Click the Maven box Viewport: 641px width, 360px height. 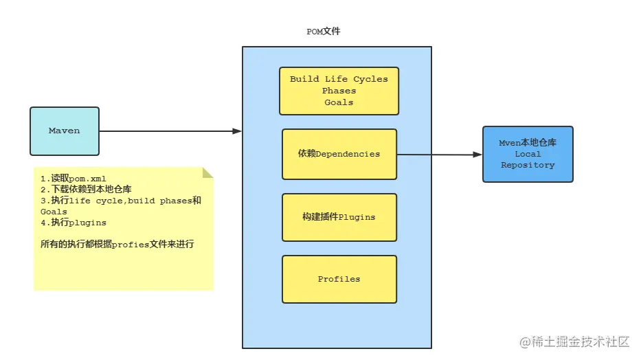point(65,131)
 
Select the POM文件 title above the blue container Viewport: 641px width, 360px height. point(324,32)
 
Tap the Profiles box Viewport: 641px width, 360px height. point(339,279)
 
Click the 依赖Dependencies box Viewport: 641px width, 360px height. point(339,154)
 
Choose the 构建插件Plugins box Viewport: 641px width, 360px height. point(339,217)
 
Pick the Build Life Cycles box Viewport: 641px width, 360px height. point(339,91)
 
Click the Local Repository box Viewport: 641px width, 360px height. point(528,154)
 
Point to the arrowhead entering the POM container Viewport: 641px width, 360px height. point(237,131)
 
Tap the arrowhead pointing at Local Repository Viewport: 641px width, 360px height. point(477,155)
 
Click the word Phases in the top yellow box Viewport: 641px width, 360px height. point(339,91)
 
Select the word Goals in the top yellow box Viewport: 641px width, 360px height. point(339,102)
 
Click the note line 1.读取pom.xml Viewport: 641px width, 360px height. point(74,179)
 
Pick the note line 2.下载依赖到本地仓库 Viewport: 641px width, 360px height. point(86,189)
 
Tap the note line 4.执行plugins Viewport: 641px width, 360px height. point(74,223)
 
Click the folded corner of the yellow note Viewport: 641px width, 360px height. point(207,173)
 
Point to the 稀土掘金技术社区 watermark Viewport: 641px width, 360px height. point(574,341)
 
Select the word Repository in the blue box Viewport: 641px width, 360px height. point(528,165)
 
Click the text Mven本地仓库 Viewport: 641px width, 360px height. point(528,143)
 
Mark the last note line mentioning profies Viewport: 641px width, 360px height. point(117,245)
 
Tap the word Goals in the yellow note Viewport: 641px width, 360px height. point(54,212)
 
